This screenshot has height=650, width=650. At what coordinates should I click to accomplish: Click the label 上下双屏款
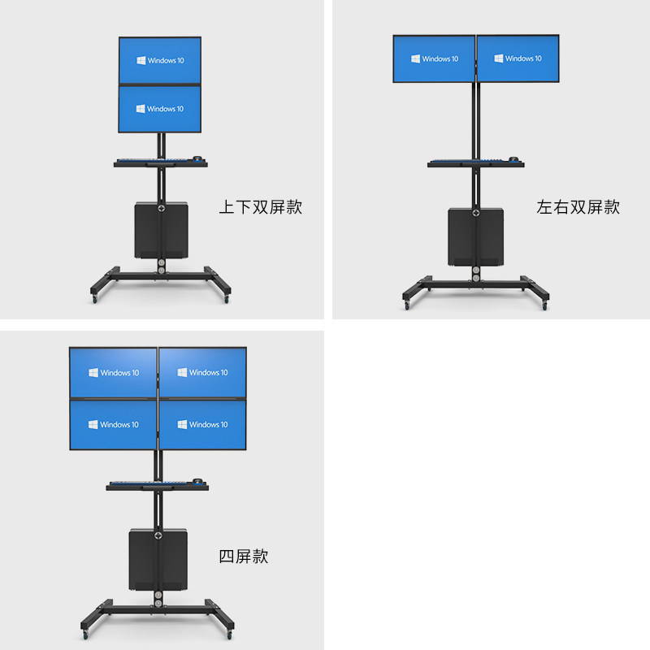coord(260,207)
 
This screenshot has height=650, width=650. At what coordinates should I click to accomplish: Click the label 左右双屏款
coord(578,207)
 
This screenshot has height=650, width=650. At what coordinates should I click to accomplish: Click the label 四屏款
coord(243,557)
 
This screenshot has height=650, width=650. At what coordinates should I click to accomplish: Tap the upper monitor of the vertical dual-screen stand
coord(159,60)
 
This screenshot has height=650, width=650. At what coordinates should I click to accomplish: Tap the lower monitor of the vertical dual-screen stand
coord(159,109)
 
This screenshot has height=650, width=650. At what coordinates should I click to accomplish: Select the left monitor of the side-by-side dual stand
coord(434,58)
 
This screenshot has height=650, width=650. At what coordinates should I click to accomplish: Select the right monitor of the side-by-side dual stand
coord(518,58)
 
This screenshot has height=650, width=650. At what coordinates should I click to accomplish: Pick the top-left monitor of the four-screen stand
coord(113,372)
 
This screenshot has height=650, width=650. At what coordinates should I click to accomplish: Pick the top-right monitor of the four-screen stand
coord(202,372)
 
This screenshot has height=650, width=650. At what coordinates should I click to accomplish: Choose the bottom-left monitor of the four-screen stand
coord(113,424)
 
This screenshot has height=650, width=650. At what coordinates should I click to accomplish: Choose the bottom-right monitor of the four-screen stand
coord(202,424)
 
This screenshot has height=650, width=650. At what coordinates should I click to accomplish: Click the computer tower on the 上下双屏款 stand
coord(162,231)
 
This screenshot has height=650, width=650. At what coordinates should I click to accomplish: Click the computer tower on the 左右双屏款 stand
coord(475,236)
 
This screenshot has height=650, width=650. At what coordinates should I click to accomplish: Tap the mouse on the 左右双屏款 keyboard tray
coord(513,159)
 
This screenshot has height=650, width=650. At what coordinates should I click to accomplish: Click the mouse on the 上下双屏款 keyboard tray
coord(197,159)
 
